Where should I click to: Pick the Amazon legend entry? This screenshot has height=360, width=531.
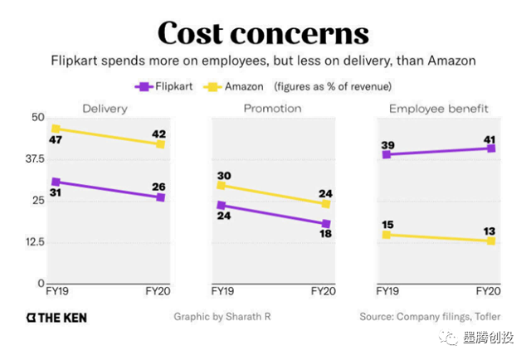(x=236, y=85)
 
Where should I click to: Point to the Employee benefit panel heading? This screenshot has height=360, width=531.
(x=439, y=109)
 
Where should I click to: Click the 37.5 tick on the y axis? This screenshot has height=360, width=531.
(x=31, y=158)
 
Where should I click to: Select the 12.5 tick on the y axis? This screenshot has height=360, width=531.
(x=31, y=242)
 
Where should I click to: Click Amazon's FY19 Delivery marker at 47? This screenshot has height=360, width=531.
(x=56, y=129)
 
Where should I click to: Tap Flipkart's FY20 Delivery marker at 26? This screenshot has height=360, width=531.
(x=161, y=197)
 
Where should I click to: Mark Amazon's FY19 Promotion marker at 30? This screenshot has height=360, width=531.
(x=222, y=185)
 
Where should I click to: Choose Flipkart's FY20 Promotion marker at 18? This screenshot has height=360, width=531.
(x=326, y=224)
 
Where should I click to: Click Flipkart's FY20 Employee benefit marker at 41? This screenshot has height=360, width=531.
(x=491, y=148)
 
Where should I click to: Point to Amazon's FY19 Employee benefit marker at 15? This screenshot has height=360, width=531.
(x=386, y=235)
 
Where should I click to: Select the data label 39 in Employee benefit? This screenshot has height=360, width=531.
(x=388, y=146)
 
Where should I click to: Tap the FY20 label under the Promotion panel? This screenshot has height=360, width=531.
(x=323, y=291)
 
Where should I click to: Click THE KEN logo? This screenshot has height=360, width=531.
(x=56, y=317)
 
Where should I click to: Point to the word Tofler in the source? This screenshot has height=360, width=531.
(x=486, y=317)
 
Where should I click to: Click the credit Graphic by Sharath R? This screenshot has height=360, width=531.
(x=223, y=317)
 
